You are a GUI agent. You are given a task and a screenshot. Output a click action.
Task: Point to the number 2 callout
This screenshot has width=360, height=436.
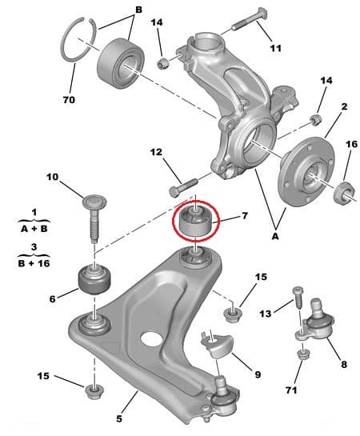pos(345,106)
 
